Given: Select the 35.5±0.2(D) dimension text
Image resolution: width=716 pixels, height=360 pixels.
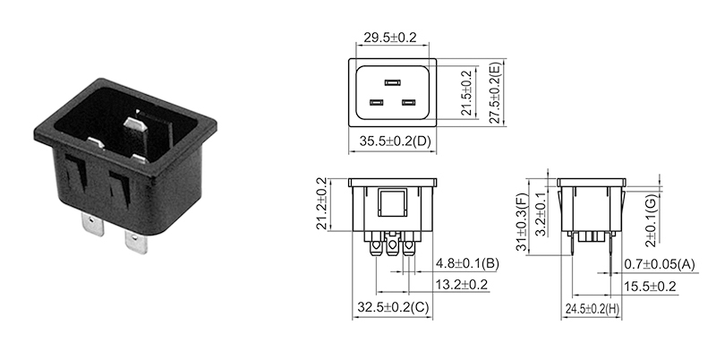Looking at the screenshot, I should click(x=395, y=141).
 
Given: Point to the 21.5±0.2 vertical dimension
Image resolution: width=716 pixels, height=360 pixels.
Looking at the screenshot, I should click(x=465, y=93).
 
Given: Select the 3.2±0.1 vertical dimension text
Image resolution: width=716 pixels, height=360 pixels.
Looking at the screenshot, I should click(x=539, y=213).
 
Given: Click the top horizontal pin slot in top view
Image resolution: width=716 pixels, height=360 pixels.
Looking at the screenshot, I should click(x=391, y=80).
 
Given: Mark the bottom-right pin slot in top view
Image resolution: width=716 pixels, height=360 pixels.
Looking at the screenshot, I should click(x=409, y=103).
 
